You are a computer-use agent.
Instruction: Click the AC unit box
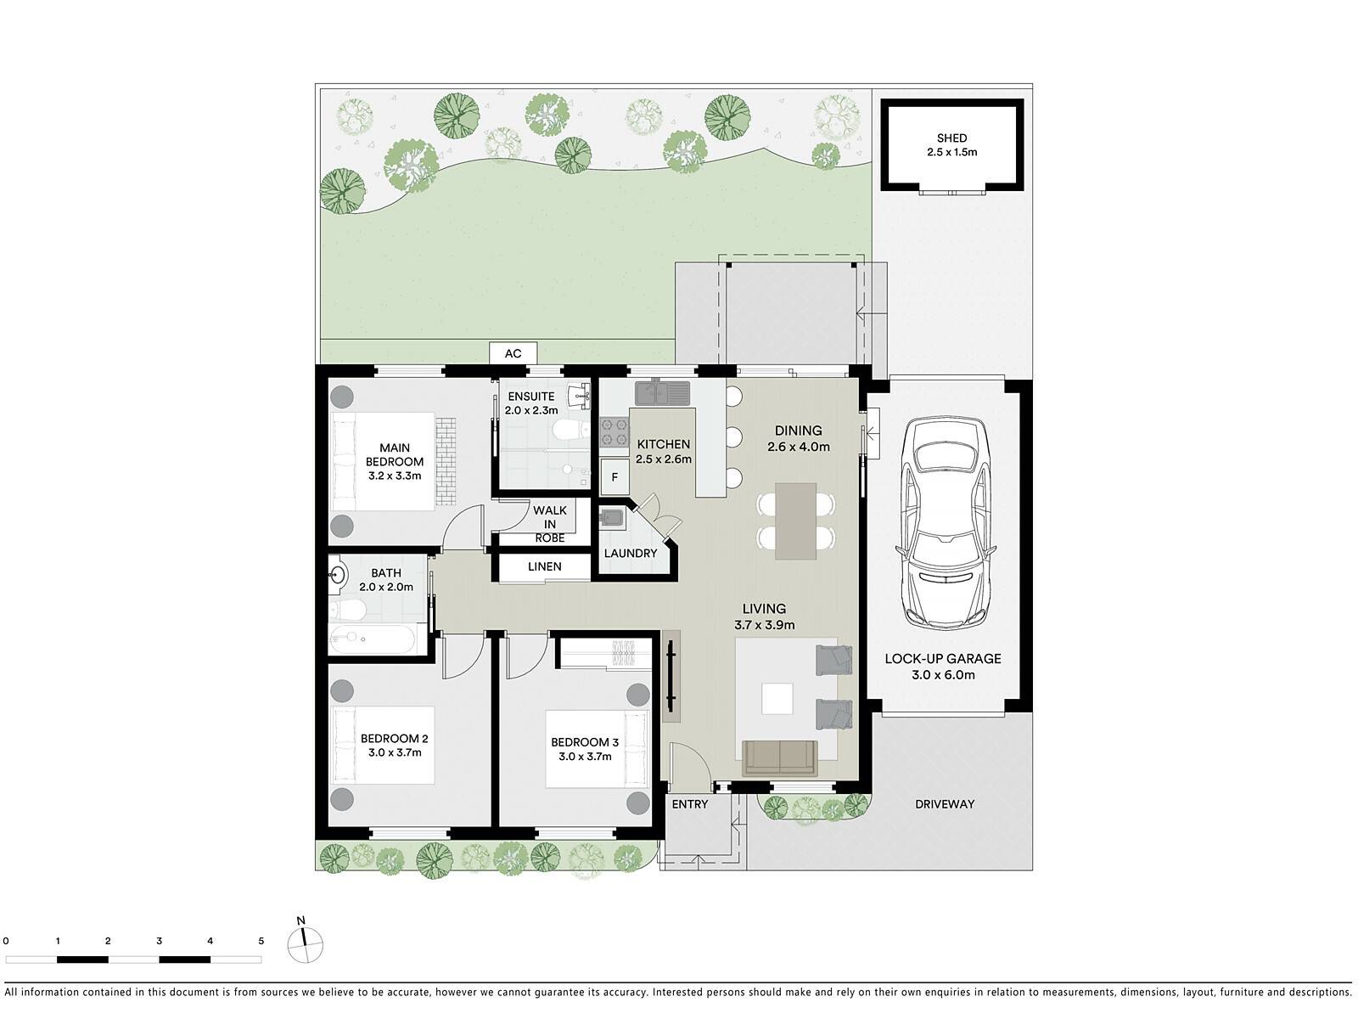point(513,353)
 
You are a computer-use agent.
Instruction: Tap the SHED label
point(951,138)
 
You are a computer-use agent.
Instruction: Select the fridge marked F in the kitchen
point(614,477)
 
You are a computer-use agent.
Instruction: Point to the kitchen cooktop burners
point(614,432)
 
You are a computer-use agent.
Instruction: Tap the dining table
point(795,521)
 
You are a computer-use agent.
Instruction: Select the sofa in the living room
point(779,758)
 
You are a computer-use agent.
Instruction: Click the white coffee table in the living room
point(777,699)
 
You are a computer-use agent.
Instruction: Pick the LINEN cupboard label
point(544,566)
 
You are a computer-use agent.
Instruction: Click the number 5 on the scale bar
point(261,941)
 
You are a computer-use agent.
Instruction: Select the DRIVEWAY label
point(945,804)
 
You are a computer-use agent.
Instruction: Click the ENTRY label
point(690,804)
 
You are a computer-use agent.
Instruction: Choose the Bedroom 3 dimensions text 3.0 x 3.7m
point(585,756)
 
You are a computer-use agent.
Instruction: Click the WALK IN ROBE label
point(549,524)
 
